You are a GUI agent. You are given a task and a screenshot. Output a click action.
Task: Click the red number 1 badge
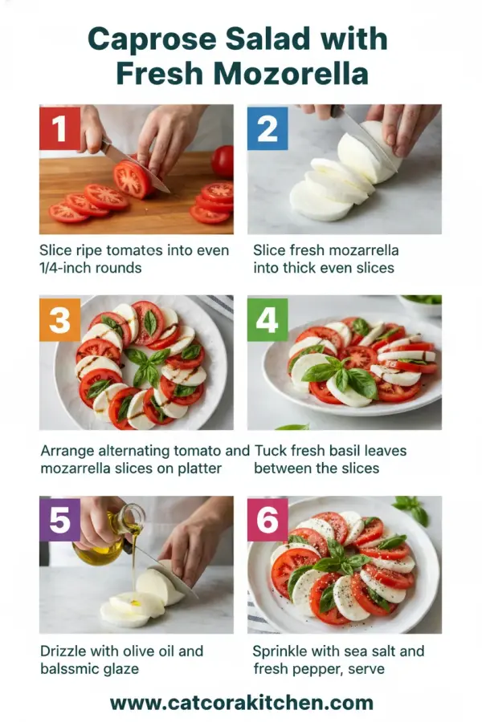point(59,128)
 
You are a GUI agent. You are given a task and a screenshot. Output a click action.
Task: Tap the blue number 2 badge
point(267,128)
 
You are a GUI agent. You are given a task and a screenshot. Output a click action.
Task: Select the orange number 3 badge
point(59,319)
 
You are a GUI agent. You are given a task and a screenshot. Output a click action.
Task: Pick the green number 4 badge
point(267,319)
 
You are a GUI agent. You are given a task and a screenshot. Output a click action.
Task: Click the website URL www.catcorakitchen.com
point(241,703)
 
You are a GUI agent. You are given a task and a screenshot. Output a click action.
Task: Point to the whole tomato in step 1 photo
point(223,160)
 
